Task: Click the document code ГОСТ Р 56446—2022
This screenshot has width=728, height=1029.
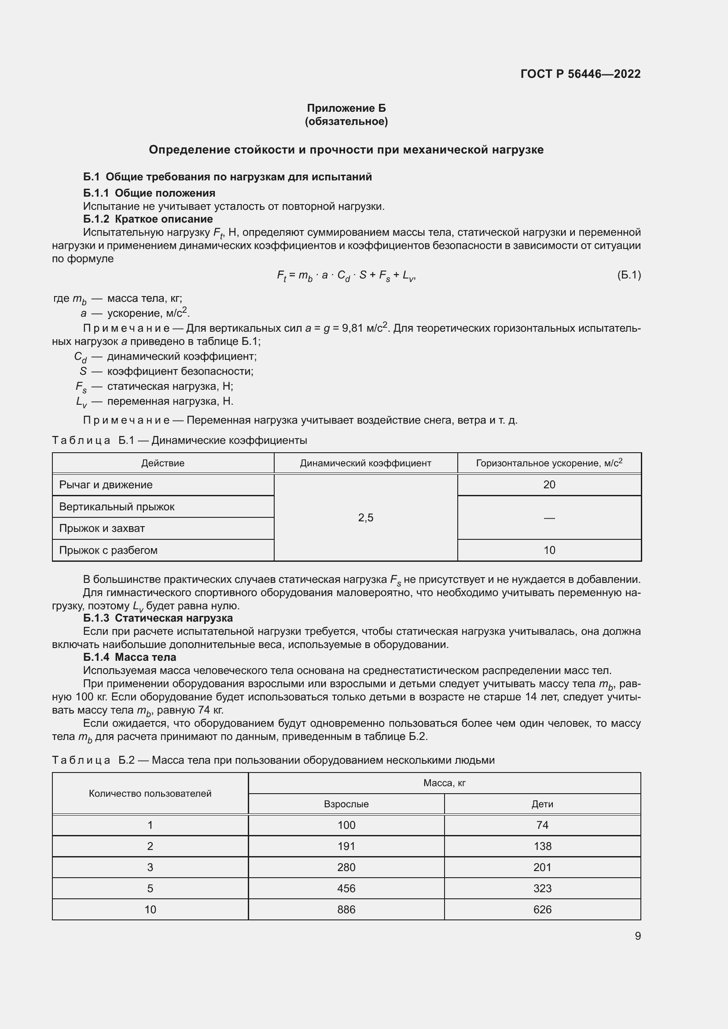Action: (x=581, y=74)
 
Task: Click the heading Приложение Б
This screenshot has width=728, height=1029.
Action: (x=346, y=108)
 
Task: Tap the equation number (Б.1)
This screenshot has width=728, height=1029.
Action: (x=629, y=275)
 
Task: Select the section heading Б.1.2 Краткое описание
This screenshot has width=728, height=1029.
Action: (x=148, y=219)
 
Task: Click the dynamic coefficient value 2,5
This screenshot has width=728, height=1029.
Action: (x=365, y=518)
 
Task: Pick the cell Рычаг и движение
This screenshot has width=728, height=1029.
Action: (x=106, y=484)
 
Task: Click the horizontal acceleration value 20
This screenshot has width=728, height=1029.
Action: (x=549, y=484)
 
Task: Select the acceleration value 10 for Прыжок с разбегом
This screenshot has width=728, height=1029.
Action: (x=549, y=550)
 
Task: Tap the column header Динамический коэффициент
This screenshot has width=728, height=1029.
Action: (x=365, y=463)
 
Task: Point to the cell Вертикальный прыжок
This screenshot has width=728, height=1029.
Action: (x=117, y=506)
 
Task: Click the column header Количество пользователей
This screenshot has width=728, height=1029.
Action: (x=150, y=793)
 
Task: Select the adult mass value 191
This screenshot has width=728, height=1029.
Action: (x=346, y=846)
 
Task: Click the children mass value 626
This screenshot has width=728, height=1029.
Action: (x=542, y=909)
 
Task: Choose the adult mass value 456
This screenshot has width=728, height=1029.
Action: (x=346, y=888)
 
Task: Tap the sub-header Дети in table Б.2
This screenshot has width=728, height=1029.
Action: (x=542, y=804)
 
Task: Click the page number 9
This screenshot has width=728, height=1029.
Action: (x=637, y=936)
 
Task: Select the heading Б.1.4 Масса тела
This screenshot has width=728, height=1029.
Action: (x=129, y=657)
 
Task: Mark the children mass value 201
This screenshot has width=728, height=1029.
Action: (x=542, y=867)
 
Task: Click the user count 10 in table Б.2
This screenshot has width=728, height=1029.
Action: (x=150, y=909)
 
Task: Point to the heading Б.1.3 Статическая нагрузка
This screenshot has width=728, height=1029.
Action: (x=158, y=618)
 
